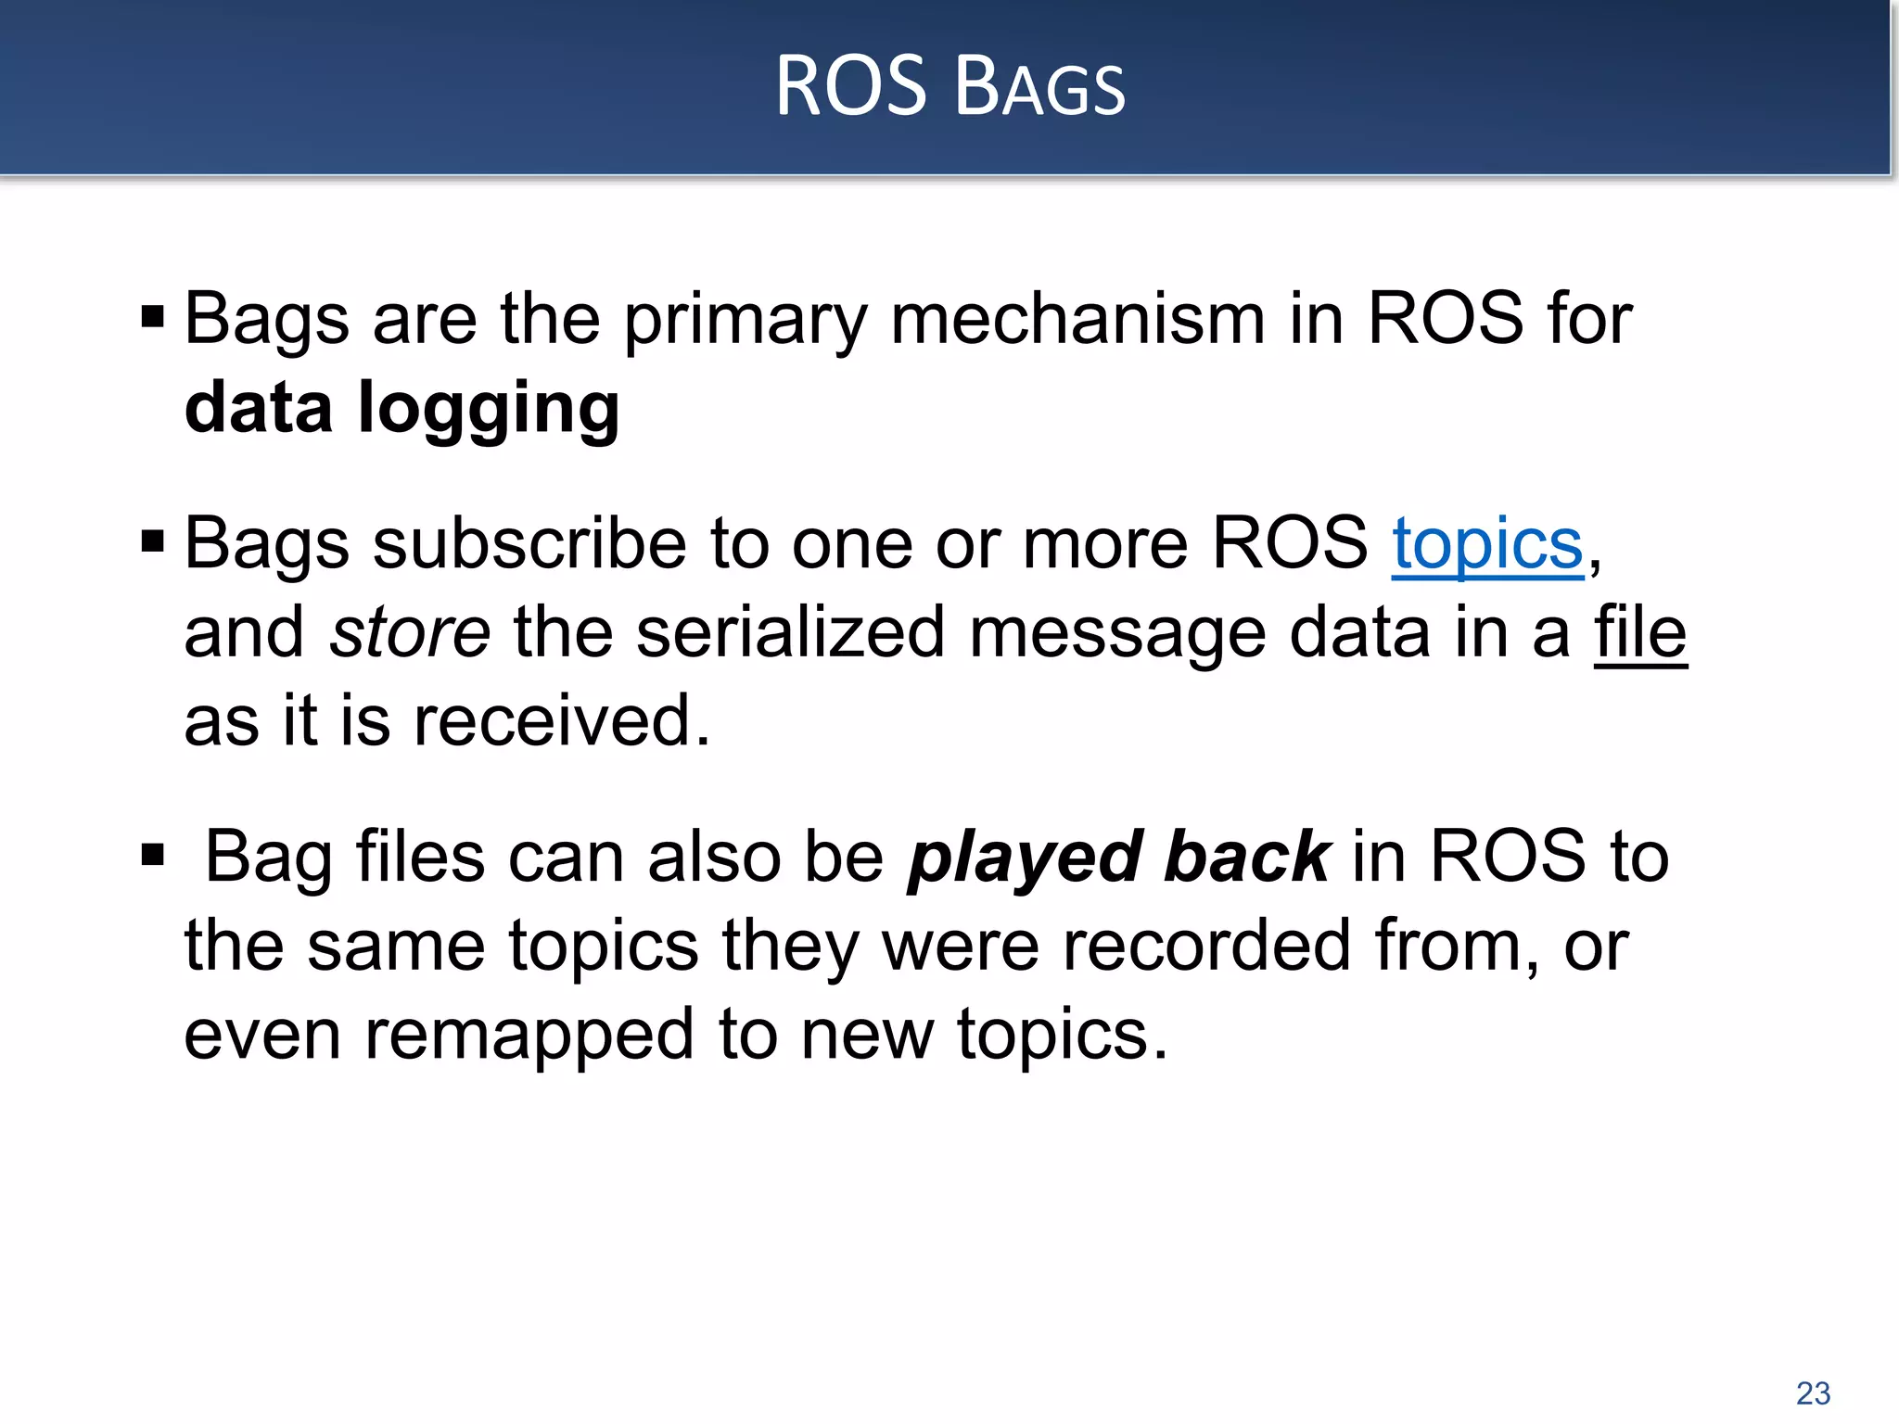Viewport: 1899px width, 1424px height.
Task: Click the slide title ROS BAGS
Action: [949, 87]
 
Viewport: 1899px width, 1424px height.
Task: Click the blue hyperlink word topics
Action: [1487, 544]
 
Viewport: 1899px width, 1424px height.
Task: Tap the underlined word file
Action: [1640, 633]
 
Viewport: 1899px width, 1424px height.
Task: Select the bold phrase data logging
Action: [401, 409]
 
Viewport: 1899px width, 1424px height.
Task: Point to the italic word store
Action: [410, 633]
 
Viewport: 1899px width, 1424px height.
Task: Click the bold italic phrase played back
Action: [1119, 857]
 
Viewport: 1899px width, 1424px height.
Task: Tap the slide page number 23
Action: [1813, 1392]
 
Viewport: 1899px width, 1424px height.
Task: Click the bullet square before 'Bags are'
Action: [152, 317]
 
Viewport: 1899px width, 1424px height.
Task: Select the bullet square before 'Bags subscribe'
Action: [152, 540]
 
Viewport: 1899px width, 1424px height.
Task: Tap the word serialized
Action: [790, 633]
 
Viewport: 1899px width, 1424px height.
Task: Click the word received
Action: [561, 722]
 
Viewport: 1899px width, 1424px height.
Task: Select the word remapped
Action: [529, 1036]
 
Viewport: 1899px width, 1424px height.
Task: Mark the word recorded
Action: [1205, 946]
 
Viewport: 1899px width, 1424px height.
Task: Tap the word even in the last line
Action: [262, 1035]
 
